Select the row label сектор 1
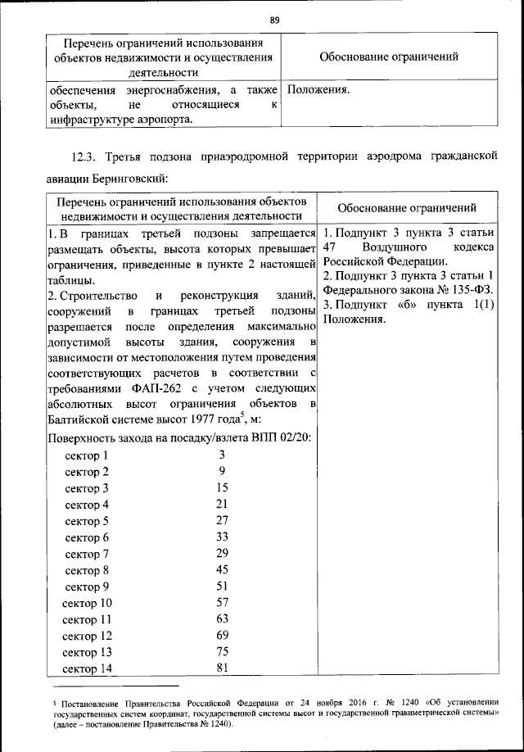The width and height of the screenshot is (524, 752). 87,455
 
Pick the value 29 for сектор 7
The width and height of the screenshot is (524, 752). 222,553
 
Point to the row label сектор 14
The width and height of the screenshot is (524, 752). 87,668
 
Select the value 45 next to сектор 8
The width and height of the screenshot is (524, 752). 222,569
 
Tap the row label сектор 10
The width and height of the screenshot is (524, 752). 87,603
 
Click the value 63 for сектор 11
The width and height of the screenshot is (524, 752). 222,618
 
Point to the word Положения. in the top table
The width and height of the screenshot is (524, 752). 319,89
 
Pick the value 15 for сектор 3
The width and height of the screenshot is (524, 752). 222,487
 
